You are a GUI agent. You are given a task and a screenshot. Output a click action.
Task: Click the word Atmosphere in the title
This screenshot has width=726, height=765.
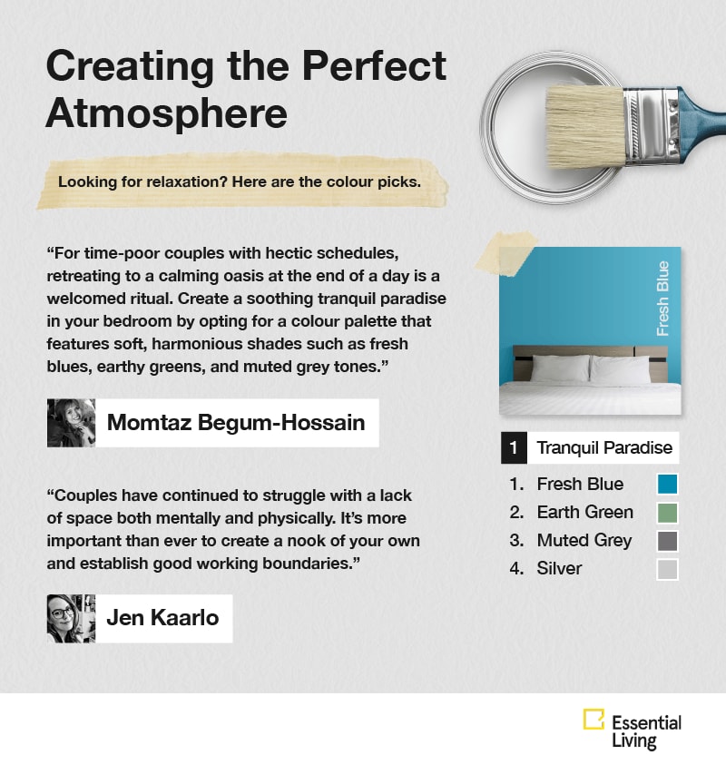pyautogui.click(x=166, y=113)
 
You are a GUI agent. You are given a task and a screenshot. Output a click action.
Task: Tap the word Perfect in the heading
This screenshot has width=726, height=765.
pyautogui.click(x=374, y=66)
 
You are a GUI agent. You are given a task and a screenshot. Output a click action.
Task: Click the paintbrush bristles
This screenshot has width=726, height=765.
pyautogui.click(x=584, y=126)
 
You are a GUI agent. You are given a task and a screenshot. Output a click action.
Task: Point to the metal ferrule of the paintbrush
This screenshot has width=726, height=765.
pyautogui.click(x=652, y=126)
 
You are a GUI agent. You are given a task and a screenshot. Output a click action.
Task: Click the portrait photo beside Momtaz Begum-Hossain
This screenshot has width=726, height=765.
pyautogui.click(x=71, y=423)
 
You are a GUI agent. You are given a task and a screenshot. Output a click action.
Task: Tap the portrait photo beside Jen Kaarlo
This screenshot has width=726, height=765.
pyautogui.click(x=71, y=619)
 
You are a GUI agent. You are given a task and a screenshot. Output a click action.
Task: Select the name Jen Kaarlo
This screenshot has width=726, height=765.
pyautogui.click(x=162, y=618)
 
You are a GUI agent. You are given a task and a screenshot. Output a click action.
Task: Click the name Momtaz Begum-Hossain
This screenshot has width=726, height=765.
pyautogui.click(x=236, y=423)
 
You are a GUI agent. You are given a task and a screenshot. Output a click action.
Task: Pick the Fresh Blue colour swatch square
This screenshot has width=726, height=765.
pyautogui.click(x=667, y=485)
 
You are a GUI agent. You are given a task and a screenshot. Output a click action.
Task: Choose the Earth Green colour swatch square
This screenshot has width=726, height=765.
pyautogui.click(x=667, y=513)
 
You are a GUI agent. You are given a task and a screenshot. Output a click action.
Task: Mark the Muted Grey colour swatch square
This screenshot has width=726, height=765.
pyautogui.click(x=667, y=541)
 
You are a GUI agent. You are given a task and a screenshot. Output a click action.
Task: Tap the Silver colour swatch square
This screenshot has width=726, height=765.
pyautogui.click(x=667, y=569)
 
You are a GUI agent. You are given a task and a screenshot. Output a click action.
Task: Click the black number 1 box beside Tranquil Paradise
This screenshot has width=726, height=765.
pyautogui.click(x=514, y=448)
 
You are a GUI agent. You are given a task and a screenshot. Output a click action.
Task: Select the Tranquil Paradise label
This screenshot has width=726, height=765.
pyautogui.click(x=604, y=448)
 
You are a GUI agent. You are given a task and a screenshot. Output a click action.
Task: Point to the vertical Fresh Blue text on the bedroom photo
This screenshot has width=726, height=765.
pyautogui.click(x=662, y=299)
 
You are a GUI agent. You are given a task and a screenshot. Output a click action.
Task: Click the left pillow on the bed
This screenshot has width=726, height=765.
pyautogui.click(x=560, y=368)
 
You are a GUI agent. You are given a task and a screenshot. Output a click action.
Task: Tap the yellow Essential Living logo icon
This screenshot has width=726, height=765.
pyautogui.click(x=594, y=719)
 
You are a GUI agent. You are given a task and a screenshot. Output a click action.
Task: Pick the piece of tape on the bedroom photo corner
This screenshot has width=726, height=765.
pyautogui.click(x=505, y=253)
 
